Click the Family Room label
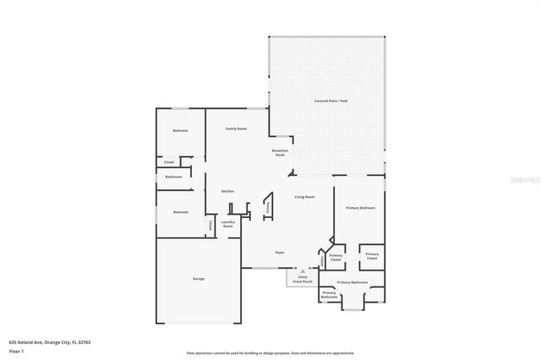[235, 128]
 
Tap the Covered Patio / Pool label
[330, 101]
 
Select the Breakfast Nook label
[280, 153]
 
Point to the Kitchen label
[227, 191]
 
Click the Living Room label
[304, 197]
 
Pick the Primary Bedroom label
[360, 207]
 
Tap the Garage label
[198, 278]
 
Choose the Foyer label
[280, 253]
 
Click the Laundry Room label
[227, 225]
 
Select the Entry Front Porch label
[302, 278]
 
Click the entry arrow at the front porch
[302, 270]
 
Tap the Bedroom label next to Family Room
[180, 130]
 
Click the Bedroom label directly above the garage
[180, 212]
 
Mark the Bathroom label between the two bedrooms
[173, 177]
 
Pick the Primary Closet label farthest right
[371, 256]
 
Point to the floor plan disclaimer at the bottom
[270, 352]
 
